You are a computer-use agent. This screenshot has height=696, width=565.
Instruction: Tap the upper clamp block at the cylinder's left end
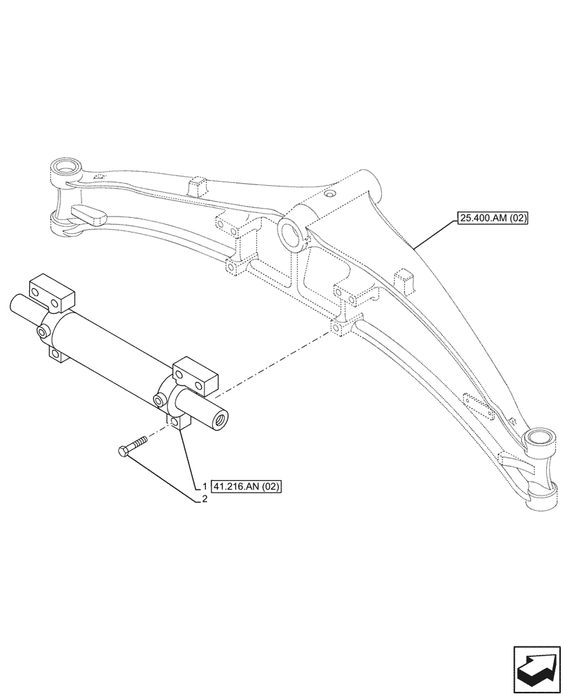point(50,292)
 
